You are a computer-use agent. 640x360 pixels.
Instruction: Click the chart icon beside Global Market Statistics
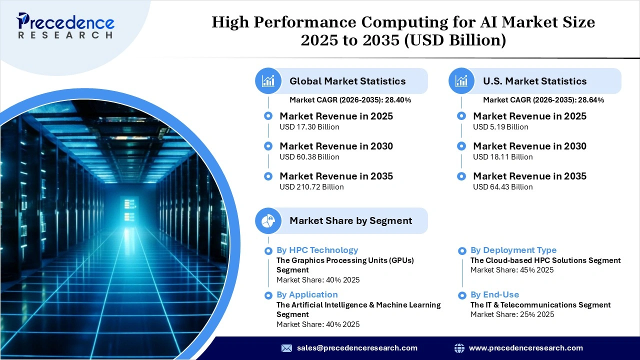pos(268,81)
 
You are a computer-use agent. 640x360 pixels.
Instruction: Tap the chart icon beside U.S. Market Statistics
pos(462,81)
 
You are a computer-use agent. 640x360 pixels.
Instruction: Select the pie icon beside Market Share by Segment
pos(268,220)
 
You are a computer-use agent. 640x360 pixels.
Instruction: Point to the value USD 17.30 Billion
pos(309,127)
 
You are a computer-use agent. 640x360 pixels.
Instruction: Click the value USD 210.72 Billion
pos(311,187)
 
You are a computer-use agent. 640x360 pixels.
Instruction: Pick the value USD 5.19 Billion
pos(500,127)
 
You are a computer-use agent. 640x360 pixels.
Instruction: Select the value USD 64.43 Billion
pos(502,187)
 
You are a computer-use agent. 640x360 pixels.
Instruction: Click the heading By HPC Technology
pos(317,250)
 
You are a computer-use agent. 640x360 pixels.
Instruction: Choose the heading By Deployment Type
pos(513,250)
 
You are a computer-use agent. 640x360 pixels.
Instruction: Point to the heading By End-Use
pos(494,294)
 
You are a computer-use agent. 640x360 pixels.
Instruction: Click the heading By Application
pos(307,294)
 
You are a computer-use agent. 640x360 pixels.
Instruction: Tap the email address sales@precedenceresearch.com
pos(357,348)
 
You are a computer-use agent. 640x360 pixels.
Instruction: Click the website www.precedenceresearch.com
pos(525,348)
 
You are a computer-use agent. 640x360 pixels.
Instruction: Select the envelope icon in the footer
pos(286,348)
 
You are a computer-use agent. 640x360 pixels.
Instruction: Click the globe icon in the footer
pos(459,348)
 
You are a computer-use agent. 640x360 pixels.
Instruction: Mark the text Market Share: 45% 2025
pos(512,270)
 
